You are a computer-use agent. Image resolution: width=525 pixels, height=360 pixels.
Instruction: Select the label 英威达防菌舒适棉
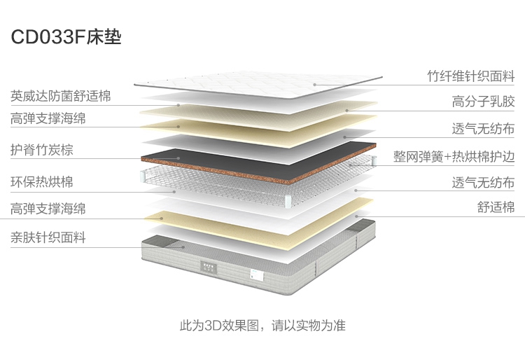click(x=61, y=96)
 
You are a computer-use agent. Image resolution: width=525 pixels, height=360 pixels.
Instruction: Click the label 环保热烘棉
click(x=42, y=182)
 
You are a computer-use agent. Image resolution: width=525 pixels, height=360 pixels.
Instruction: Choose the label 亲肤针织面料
click(x=48, y=237)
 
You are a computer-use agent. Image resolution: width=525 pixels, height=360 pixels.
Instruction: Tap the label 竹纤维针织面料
click(x=470, y=76)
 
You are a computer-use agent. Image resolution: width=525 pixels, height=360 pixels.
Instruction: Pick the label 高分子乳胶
click(x=483, y=102)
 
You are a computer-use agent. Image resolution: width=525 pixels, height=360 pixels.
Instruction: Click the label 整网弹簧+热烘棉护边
click(x=454, y=156)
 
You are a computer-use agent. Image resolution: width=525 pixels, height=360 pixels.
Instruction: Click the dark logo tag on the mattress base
click(x=209, y=266)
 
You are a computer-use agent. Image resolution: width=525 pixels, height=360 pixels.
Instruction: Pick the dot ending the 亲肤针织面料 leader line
click(x=183, y=247)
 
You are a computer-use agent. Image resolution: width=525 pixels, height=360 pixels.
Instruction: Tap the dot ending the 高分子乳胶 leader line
click(x=346, y=110)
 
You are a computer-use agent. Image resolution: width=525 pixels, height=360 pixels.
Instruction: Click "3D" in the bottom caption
click(x=213, y=326)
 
